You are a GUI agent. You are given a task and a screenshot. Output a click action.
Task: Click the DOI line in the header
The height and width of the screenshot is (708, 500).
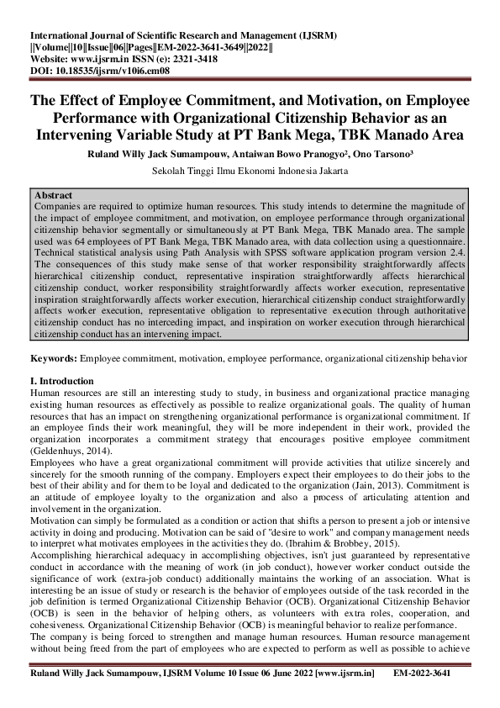coord(100,72)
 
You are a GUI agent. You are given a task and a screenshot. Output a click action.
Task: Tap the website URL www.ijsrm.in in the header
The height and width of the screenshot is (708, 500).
coord(109,61)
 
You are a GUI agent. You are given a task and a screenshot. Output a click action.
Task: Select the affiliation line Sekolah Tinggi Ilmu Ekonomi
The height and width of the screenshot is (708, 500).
coord(250,171)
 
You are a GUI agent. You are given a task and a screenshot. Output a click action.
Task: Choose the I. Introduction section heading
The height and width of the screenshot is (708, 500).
coord(62,381)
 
